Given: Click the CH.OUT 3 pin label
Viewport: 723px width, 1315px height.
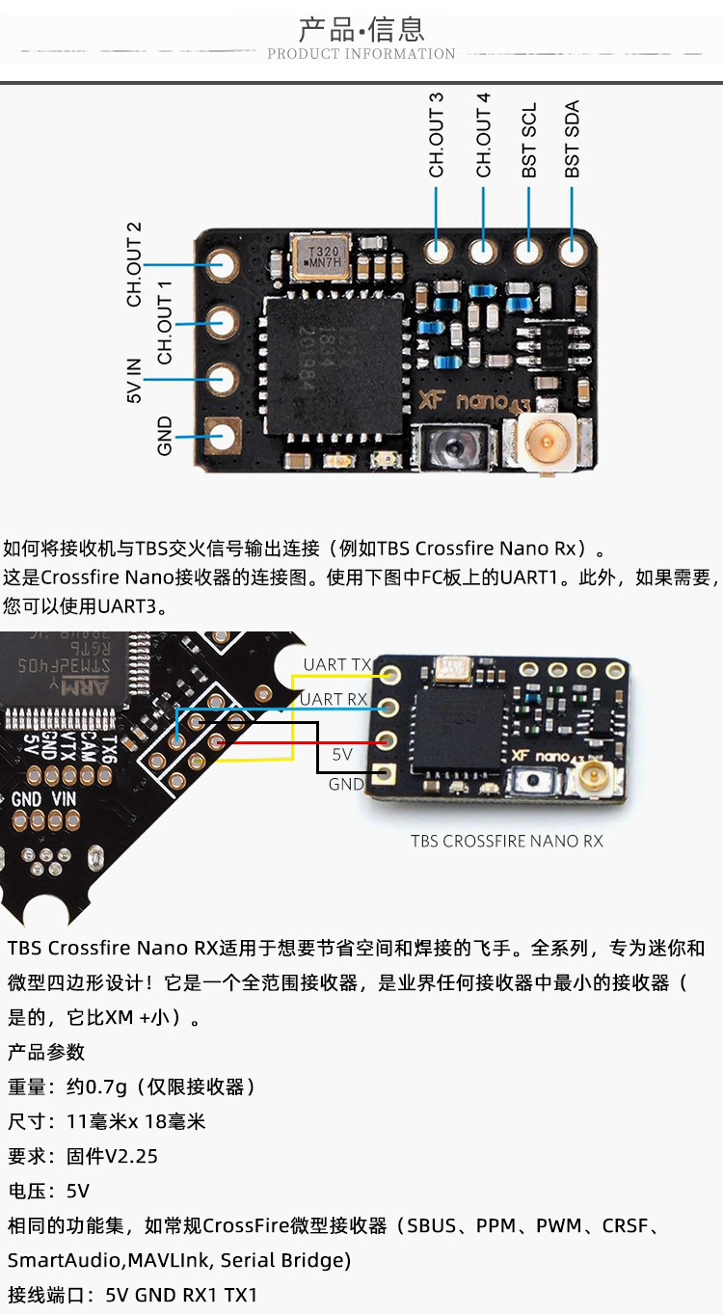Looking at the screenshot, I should point(437,135).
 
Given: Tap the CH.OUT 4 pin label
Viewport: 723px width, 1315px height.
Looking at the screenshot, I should point(483,135).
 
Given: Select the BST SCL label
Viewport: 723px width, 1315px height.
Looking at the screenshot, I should point(529,140).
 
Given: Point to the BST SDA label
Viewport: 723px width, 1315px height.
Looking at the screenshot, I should point(573,140).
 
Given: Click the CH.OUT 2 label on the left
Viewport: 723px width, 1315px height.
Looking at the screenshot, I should point(134,264).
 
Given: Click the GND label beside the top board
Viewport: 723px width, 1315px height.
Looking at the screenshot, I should point(164,436).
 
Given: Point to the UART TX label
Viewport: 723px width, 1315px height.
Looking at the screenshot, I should point(336,664).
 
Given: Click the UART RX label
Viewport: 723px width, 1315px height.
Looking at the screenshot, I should point(334,699).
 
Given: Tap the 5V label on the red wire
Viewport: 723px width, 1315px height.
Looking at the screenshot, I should point(342,754).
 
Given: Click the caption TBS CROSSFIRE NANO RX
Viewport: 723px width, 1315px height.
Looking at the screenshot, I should point(506,841).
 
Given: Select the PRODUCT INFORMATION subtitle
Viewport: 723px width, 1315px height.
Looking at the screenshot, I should point(361,54).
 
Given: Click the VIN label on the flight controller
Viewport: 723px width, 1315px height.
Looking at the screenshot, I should point(64,799).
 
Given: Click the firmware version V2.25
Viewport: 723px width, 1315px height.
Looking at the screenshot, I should point(132,1156).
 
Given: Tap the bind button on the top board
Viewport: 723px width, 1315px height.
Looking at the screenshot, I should point(446,446).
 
